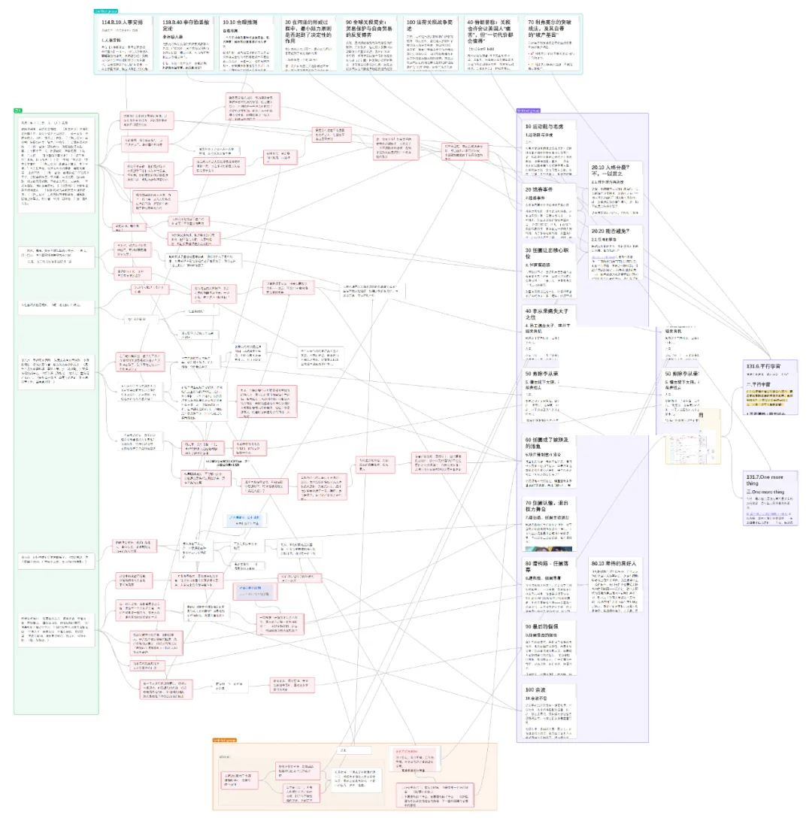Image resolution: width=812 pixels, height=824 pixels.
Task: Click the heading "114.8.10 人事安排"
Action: point(122,23)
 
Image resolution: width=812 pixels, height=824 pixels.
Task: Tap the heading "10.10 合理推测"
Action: point(240,23)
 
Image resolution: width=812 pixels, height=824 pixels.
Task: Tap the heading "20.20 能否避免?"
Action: point(615,231)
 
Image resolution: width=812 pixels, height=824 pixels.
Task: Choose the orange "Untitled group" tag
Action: point(225,740)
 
